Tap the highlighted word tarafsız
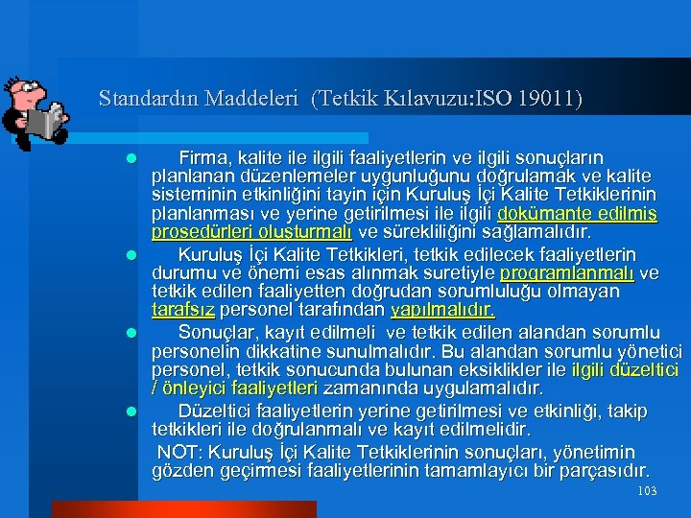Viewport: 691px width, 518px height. pos(184,310)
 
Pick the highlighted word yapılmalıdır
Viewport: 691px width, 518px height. pos(442,310)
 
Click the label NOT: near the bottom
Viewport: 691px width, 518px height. pos(179,452)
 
